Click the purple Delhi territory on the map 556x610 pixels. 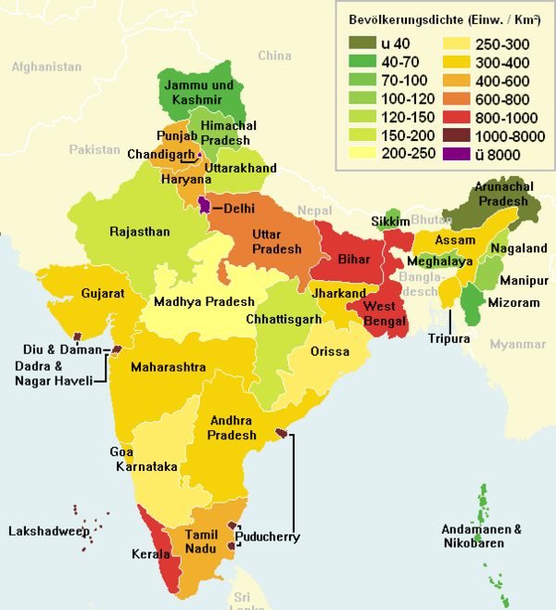(204, 205)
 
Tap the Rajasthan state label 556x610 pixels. (139, 232)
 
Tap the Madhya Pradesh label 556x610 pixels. (204, 302)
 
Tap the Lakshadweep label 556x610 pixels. (48, 531)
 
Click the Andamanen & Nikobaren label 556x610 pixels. (481, 536)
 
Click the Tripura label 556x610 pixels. (449, 339)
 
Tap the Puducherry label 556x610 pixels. (268, 537)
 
